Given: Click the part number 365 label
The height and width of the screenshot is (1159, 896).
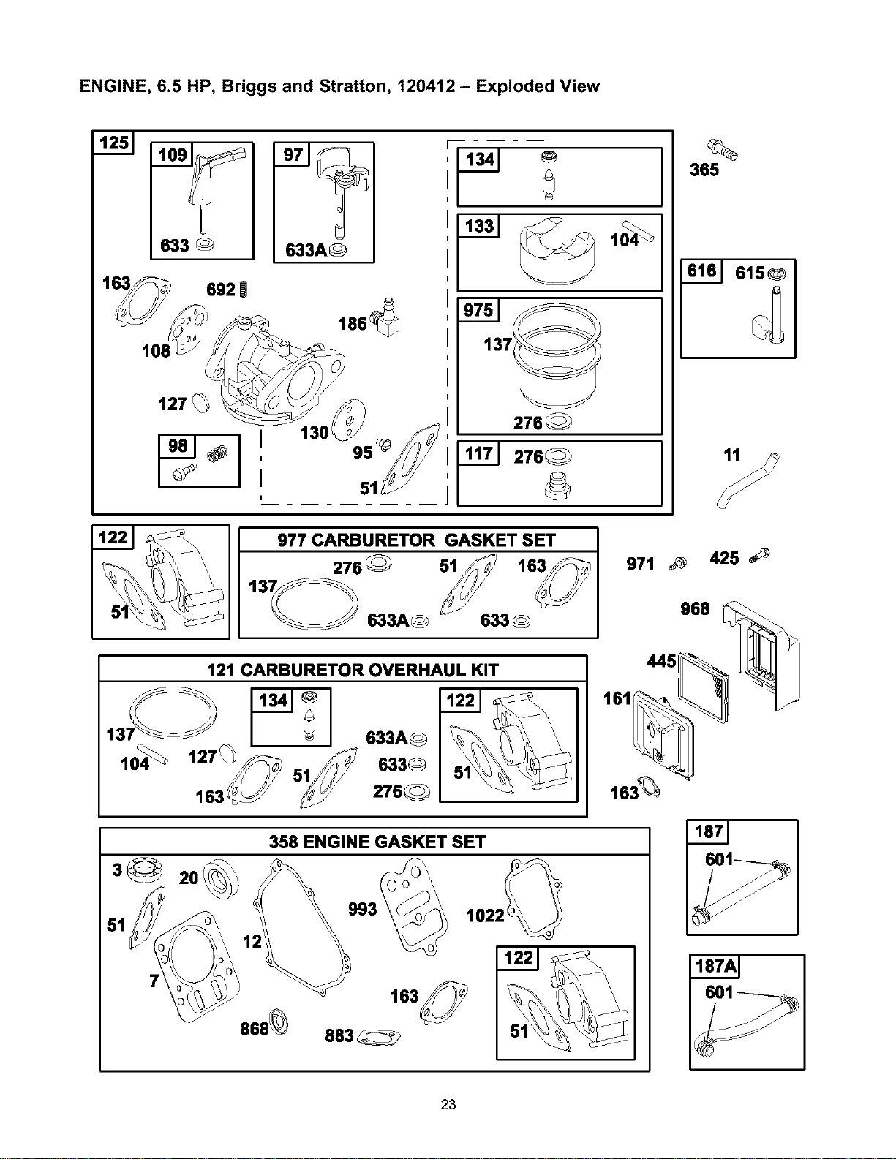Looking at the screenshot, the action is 704,170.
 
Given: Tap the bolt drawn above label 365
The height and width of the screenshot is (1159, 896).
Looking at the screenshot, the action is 723,149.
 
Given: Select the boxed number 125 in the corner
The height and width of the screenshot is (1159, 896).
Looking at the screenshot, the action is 113,143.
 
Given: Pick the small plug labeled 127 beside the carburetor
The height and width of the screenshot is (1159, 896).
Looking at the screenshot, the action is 201,402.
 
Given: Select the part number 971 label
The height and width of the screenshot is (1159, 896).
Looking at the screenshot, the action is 640,564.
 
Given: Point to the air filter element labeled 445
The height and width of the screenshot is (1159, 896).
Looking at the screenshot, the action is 703,687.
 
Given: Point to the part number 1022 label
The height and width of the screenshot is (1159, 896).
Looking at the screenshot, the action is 486,916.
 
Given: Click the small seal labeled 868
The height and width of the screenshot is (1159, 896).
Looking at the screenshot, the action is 279,1022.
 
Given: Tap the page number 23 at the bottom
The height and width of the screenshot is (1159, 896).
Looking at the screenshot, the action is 448,1105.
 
